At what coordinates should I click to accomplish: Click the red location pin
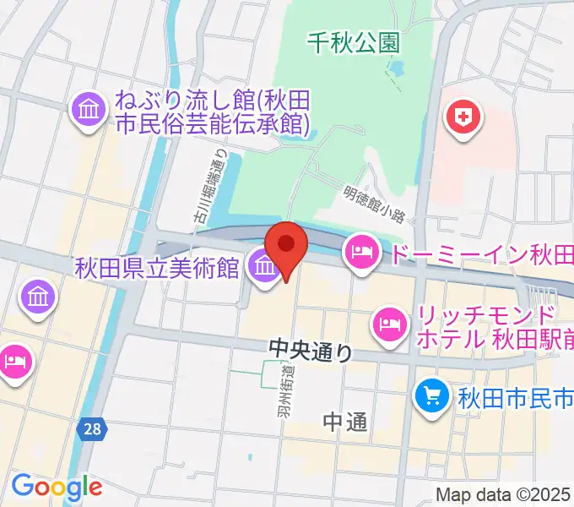[287, 247]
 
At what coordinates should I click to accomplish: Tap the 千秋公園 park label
[352, 40]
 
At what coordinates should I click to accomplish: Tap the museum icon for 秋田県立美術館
[264, 270]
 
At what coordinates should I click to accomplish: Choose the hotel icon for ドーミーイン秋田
[360, 253]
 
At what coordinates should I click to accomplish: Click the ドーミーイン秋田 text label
[479, 253]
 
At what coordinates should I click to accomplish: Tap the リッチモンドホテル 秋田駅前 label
[485, 330]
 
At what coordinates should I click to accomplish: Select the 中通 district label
[345, 422]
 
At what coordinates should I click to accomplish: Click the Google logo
[56, 487]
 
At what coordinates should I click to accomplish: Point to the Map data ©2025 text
[503, 494]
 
